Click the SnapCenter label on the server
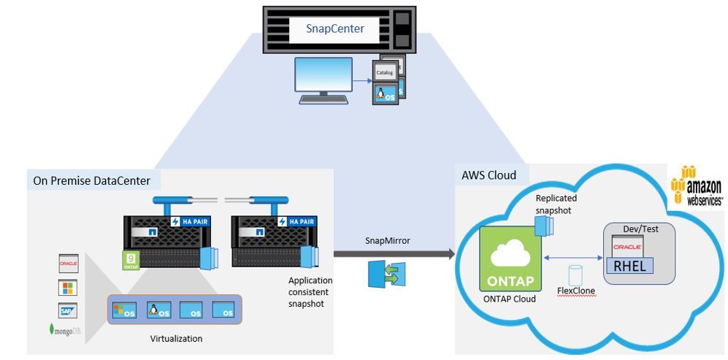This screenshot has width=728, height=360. pyautogui.click(x=335, y=29)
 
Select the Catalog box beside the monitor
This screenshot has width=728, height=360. pyautogui.click(x=384, y=72)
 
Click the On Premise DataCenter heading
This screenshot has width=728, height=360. pyautogui.click(x=92, y=180)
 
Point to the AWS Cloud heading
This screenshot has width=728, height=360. pyautogui.click(x=489, y=175)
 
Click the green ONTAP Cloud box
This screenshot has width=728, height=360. pyautogui.click(x=510, y=257)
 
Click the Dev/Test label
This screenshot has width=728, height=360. pyautogui.click(x=640, y=229)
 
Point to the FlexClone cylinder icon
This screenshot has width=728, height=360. pyautogui.click(x=575, y=275)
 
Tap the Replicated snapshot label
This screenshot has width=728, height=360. pyautogui.click(x=556, y=204)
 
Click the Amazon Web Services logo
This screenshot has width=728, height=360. pyautogui.click(x=697, y=185)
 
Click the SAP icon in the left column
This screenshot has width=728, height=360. pyautogui.click(x=68, y=310)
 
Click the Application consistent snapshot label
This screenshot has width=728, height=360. pyautogui.click(x=310, y=292)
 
